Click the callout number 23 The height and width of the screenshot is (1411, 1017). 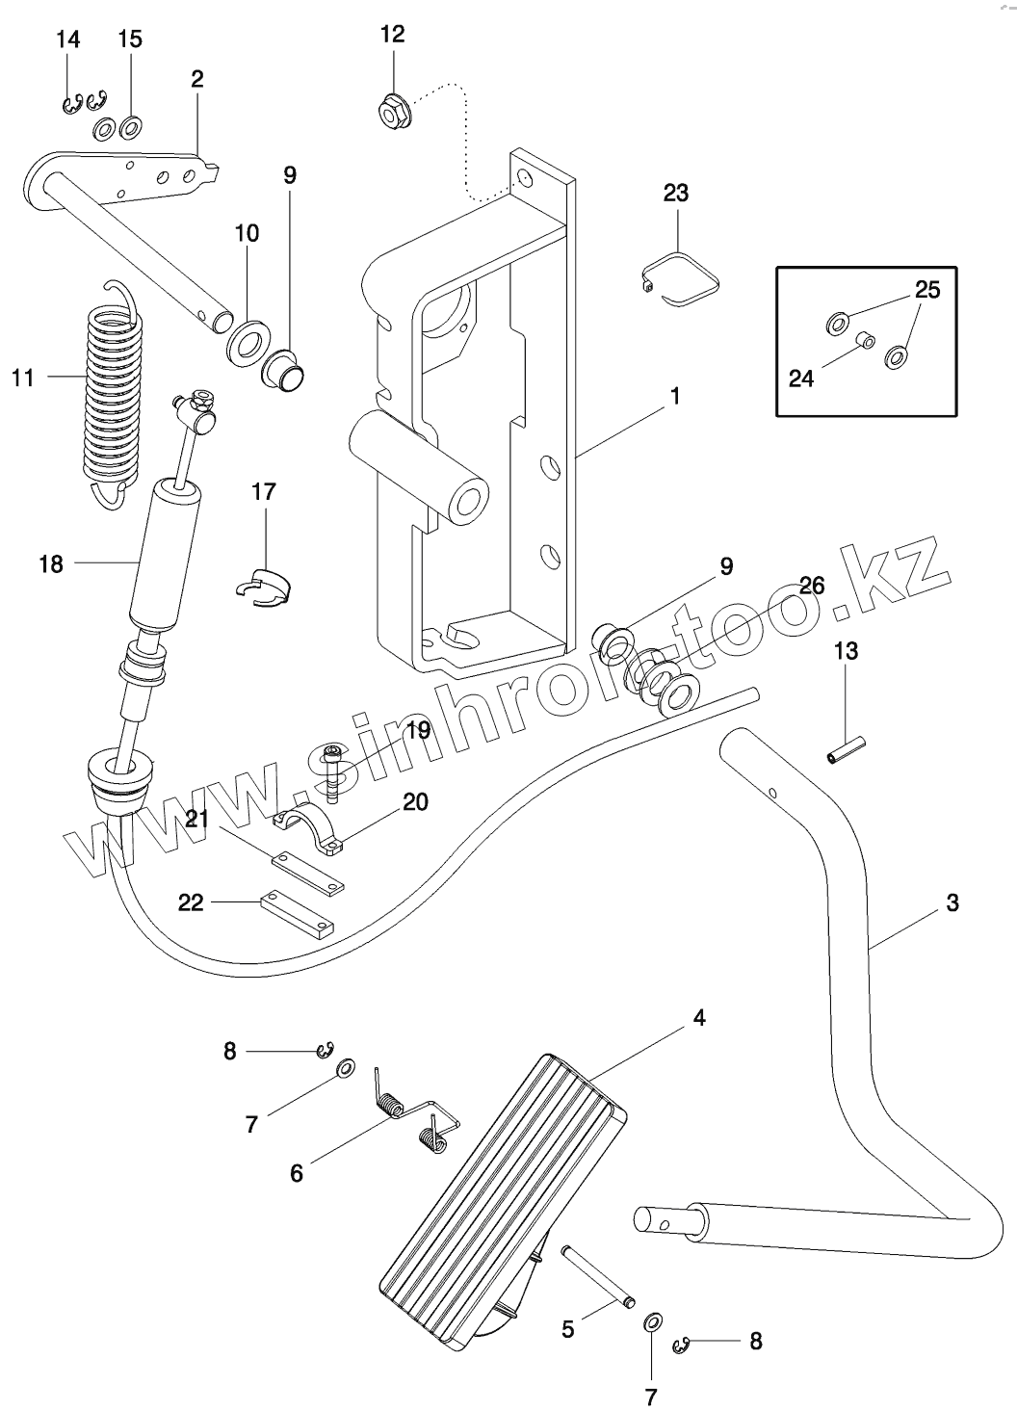[676, 193]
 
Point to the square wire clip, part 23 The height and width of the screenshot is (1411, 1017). [682, 279]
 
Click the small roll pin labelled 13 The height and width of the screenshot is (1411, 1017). [847, 748]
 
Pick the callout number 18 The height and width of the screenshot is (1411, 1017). [50, 564]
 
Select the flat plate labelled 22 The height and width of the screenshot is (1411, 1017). [297, 911]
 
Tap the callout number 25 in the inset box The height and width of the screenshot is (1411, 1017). [926, 290]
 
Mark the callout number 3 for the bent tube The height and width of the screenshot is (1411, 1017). [952, 903]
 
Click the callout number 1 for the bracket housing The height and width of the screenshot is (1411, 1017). [675, 396]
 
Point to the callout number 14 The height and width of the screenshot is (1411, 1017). [67, 39]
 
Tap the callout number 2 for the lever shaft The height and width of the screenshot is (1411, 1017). [196, 79]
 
